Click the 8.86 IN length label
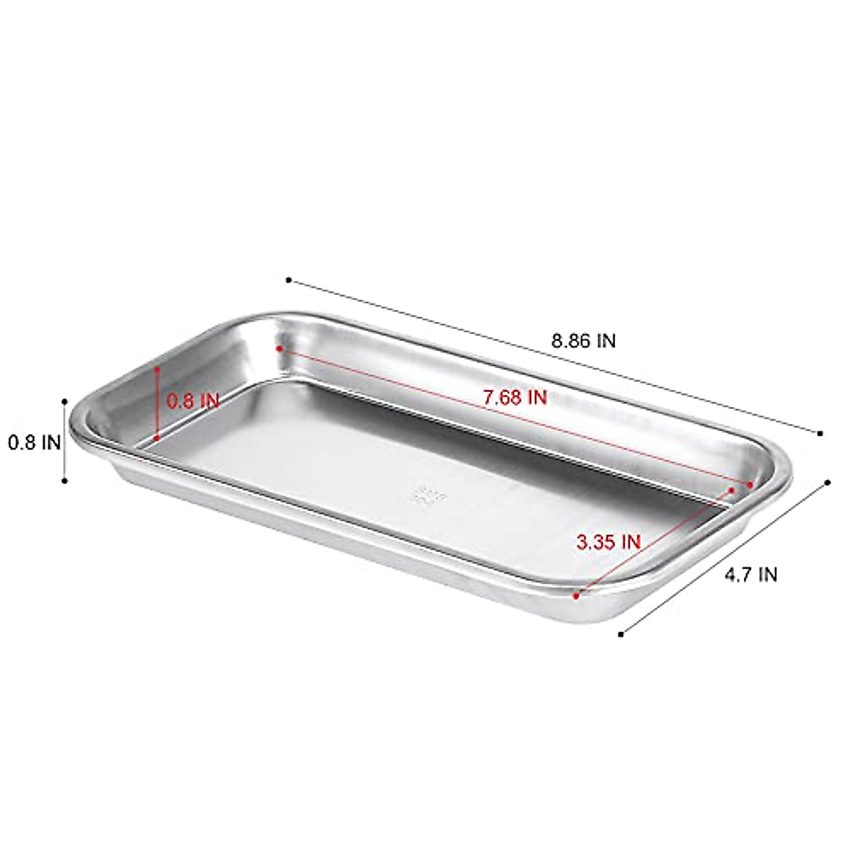pyautogui.click(x=584, y=341)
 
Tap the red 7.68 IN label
pyautogui.click(x=515, y=398)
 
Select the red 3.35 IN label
pyautogui.click(x=608, y=543)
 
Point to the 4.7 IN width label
pyautogui.click(x=750, y=575)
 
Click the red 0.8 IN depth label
pyautogui.click(x=193, y=400)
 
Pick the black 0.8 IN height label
pyautogui.click(x=34, y=443)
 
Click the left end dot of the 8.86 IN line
pyautogui.click(x=289, y=280)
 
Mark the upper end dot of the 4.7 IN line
pyautogui.click(x=828, y=483)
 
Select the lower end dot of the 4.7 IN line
pyautogui.click(x=621, y=633)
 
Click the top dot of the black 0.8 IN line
pyautogui.click(x=65, y=401)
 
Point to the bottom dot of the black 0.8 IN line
pyautogui.click(x=65, y=481)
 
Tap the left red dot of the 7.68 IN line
pyautogui.click(x=280, y=349)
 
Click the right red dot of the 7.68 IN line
pyautogui.click(x=750, y=484)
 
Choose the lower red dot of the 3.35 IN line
pyautogui.click(x=577, y=596)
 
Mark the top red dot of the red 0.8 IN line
pyautogui.click(x=157, y=369)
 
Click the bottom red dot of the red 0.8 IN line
pyautogui.click(x=157, y=439)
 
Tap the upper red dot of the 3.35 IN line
pyautogui.click(x=732, y=489)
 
